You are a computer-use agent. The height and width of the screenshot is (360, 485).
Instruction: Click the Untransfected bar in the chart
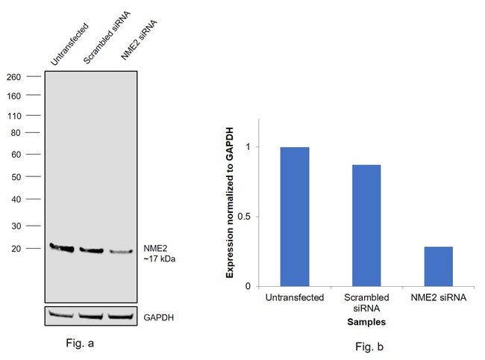point(295,217)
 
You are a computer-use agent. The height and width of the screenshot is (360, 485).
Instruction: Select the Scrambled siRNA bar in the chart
point(366,225)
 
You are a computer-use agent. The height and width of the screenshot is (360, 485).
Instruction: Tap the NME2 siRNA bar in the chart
point(438,266)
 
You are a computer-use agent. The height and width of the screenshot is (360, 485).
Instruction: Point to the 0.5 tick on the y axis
point(248,217)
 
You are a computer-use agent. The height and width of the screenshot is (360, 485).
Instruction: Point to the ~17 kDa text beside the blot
point(160,259)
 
